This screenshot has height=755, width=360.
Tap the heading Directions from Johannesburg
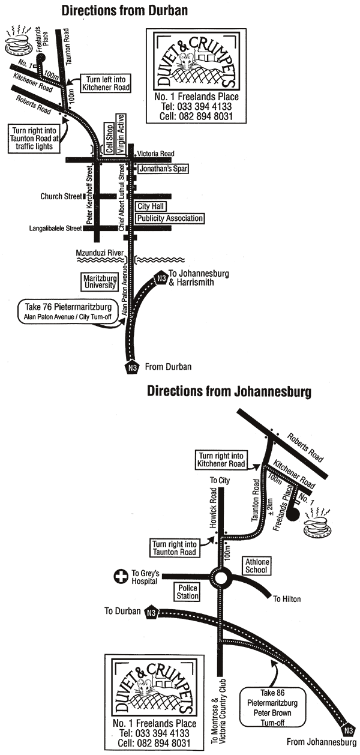coord(229,392)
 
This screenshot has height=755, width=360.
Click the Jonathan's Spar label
coord(163,169)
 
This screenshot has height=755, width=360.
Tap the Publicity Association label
coord(170,218)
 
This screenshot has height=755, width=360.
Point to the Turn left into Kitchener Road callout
coord(106,83)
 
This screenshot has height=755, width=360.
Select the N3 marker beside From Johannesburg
coord(347,730)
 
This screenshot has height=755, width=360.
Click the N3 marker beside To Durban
coord(151,612)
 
